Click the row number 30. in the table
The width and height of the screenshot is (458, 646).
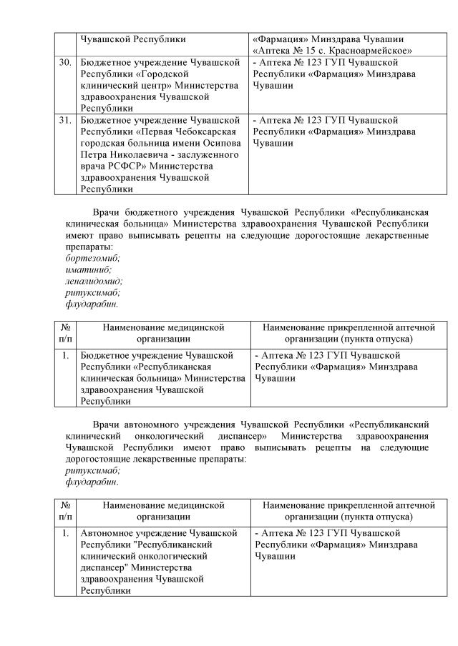[65, 63]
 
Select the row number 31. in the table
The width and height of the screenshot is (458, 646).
[65, 120]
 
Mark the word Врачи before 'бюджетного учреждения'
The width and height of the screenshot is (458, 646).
[107, 212]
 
